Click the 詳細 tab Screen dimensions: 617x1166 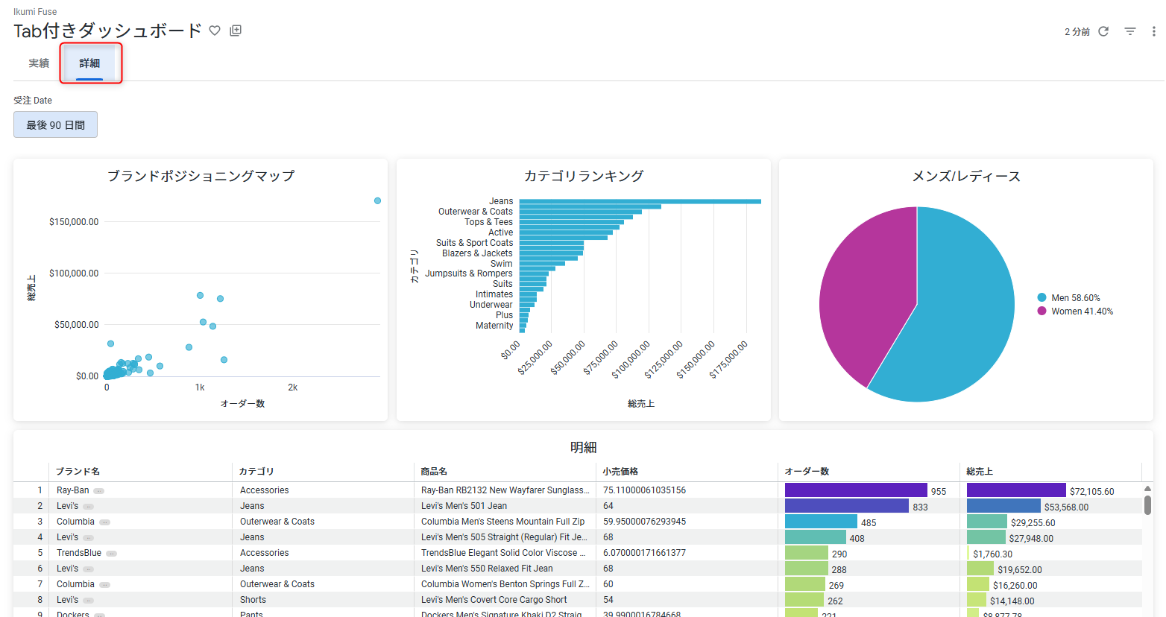[89, 63]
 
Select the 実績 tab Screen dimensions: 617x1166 [39, 63]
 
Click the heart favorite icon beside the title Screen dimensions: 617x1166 [215, 31]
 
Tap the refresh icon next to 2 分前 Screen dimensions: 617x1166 [1103, 31]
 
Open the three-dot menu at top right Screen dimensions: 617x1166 [1153, 31]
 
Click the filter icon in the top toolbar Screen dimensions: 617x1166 [1130, 31]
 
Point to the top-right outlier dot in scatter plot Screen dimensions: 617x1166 [377, 201]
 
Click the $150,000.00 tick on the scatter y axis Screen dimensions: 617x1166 [74, 222]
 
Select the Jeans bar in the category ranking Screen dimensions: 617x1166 [640, 201]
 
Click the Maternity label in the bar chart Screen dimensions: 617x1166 [494, 326]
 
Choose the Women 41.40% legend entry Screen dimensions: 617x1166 [1082, 311]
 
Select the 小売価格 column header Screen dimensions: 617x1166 [620, 472]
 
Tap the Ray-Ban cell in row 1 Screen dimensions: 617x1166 [72, 490]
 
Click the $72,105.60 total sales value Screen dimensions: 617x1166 [1091, 492]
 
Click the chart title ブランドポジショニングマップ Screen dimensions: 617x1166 [201, 176]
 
